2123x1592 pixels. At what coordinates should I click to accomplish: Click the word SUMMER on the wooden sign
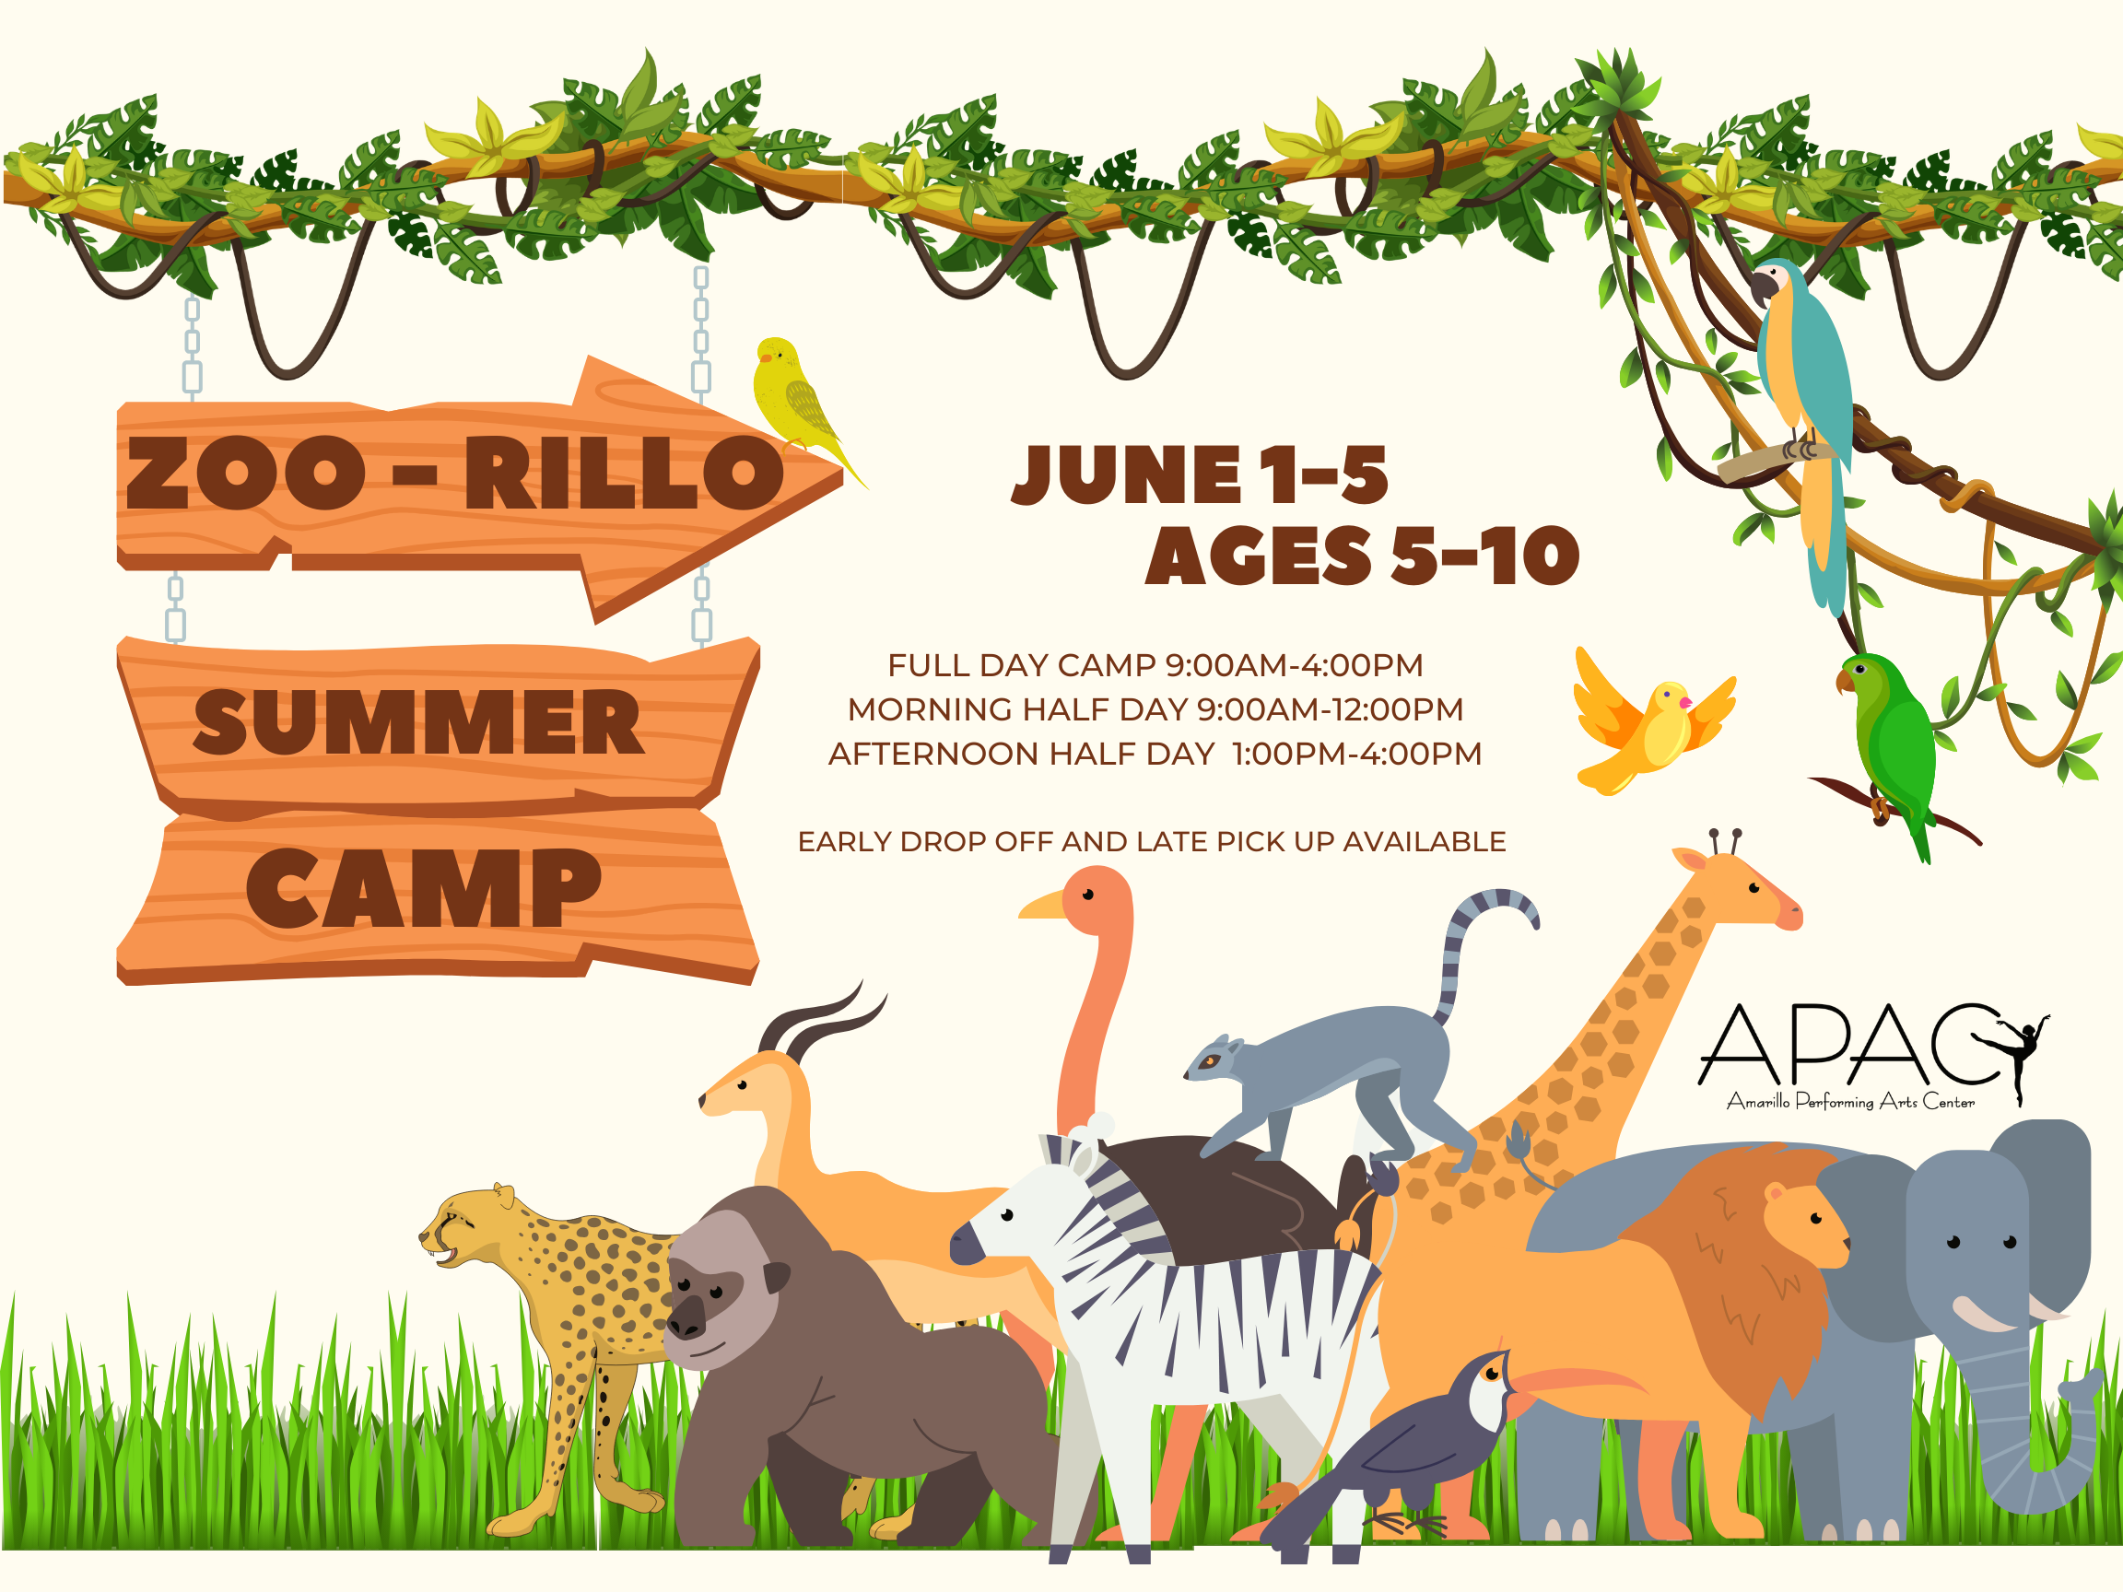click(418, 721)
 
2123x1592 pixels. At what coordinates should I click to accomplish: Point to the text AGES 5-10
click(1362, 556)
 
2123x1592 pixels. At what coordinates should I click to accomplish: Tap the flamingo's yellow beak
click(1042, 905)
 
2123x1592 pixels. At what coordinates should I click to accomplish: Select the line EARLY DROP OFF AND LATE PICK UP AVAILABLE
click(1151, 841)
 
